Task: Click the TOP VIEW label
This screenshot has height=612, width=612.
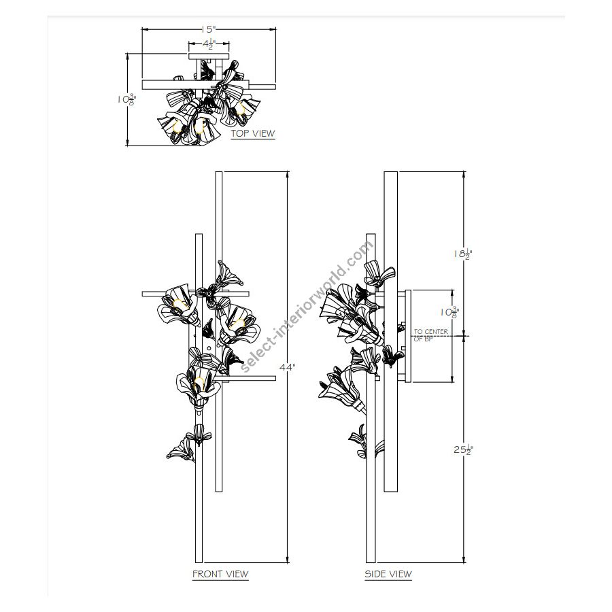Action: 253,133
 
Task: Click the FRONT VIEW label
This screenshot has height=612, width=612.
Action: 220,574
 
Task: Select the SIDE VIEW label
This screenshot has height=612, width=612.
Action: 388,574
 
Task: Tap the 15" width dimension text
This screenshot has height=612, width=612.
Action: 208,30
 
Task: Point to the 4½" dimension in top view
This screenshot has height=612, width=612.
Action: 208,46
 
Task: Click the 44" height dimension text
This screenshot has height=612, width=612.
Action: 288,367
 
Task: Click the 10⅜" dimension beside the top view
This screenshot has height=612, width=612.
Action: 126,99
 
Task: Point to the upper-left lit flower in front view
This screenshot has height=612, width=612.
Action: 177,304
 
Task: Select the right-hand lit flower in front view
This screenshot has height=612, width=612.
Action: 238,323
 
